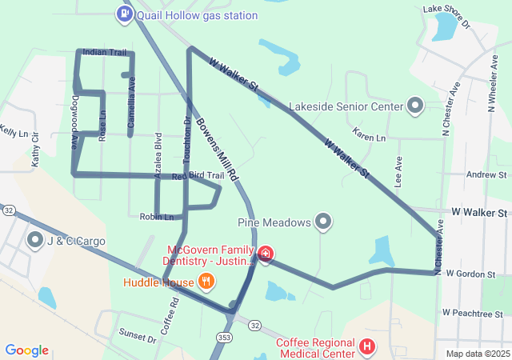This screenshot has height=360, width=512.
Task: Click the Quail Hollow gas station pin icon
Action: [x=125, y=14]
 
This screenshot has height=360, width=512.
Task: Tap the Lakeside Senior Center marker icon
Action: [x=415, y=106]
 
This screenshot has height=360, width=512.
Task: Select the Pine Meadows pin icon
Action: [x=323, y=222]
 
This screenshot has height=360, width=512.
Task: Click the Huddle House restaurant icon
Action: [x=206, y=282]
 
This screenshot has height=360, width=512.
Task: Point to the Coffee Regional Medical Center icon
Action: [x=367, y=346]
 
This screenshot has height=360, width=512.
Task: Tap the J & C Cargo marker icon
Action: [x=35, y=239]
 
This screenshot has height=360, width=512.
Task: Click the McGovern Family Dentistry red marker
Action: [x=266, y=254]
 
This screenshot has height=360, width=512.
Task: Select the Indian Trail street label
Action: [x=104, y=52]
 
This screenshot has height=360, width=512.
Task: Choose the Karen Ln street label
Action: [x=369, y=138]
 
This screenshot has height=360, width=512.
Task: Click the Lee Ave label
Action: [x=398, y=170]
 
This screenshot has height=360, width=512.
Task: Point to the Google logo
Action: [x=26, y=350]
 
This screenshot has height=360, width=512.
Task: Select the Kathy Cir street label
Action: [x=35, y=150]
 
